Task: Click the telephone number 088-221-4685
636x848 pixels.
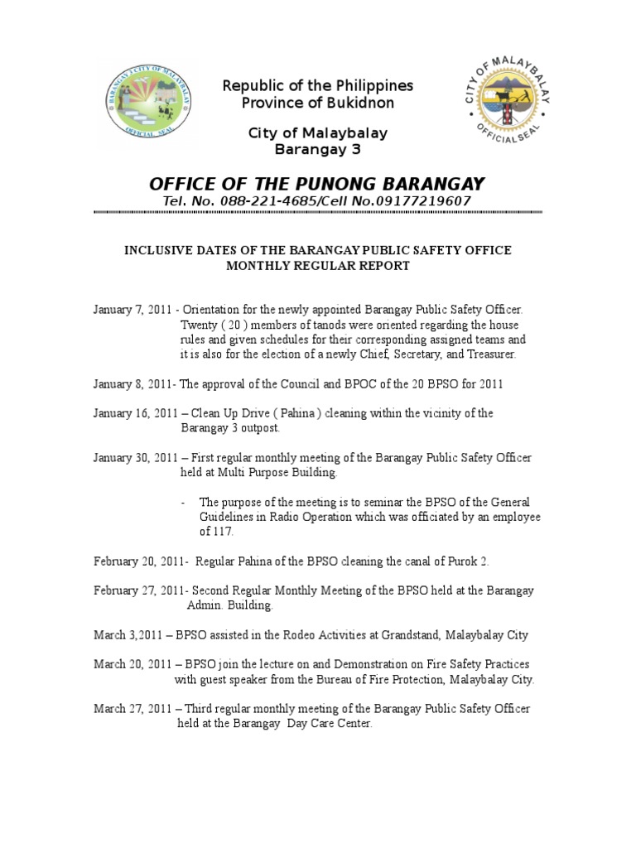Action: pyautogui.click(x=253, y=201)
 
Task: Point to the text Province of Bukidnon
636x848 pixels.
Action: pyautogui.click(x=317, y=103)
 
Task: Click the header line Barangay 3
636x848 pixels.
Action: pyautogui.click(x=317, y=149)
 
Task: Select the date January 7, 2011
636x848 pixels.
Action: pyautogui.click(x=132, y=310)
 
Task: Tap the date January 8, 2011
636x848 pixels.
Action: pyautogui.click(x=132, y=384)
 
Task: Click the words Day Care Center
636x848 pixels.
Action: pyautogui.click(x=330, y=723)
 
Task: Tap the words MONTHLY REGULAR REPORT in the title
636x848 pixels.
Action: pyautogui.click(x=317, y=266)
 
